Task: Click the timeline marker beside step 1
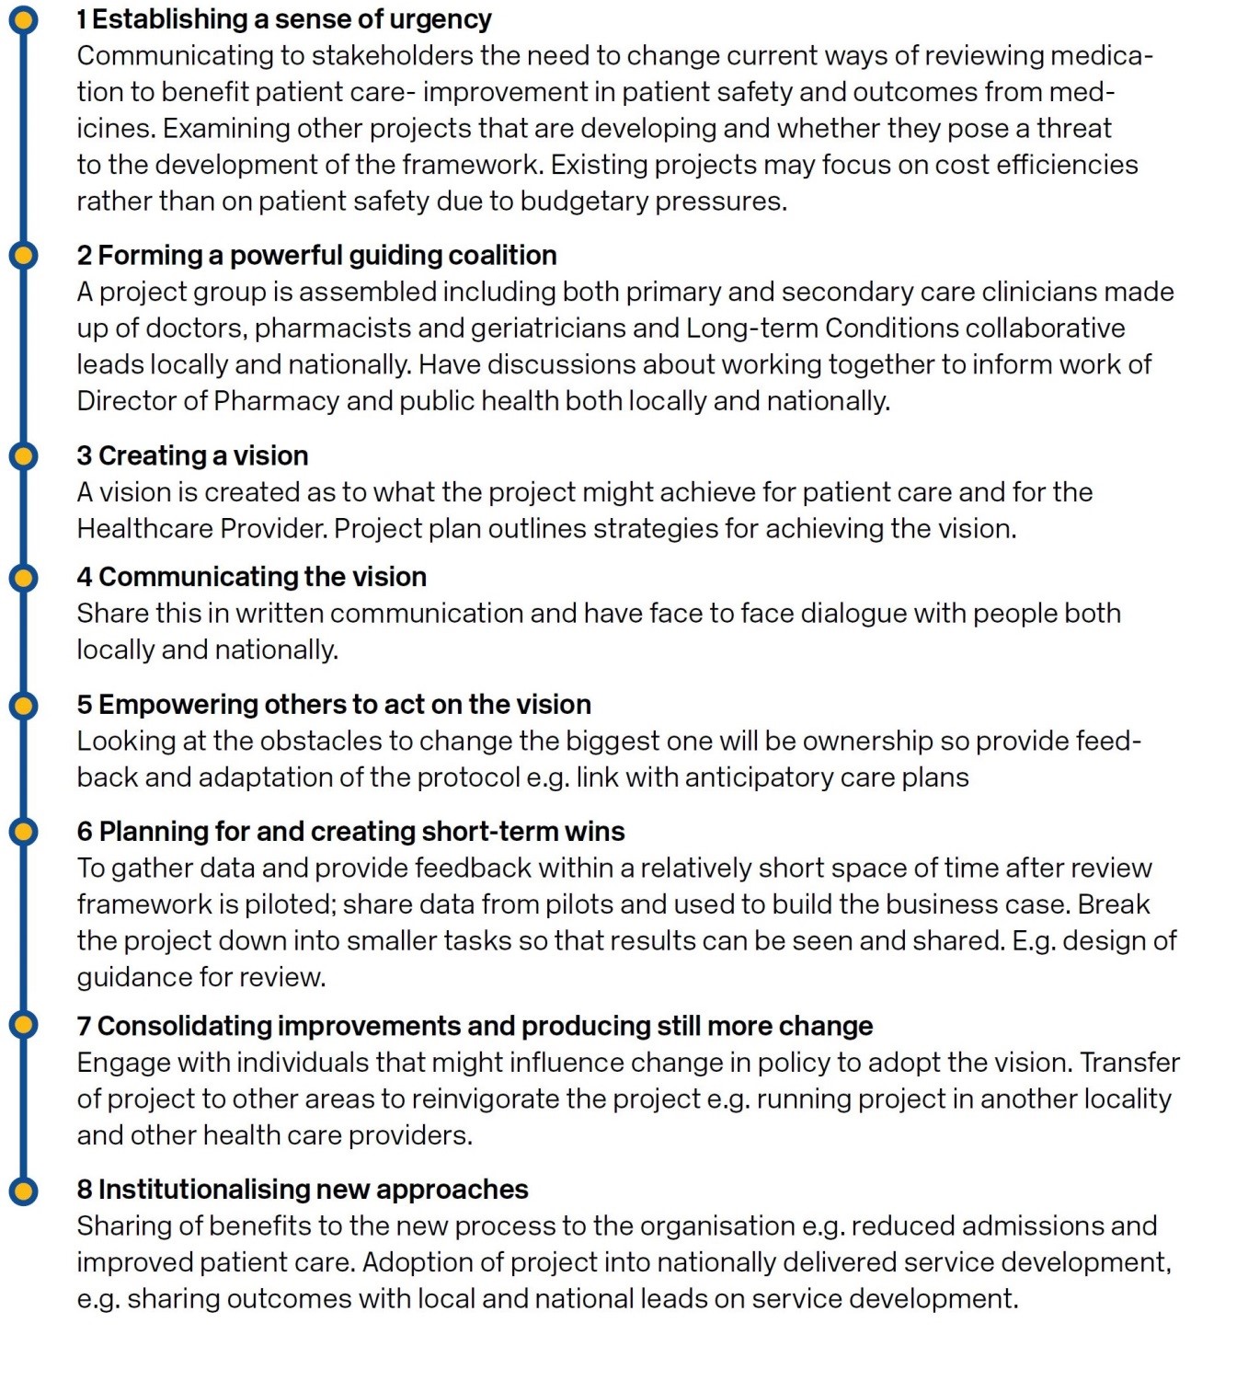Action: pos(23,19)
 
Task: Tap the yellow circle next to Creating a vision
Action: pos(23,455)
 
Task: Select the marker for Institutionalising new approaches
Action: pos(23,1190)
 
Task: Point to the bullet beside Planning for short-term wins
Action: pos(23,832)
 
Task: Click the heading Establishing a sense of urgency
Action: pos(292,19)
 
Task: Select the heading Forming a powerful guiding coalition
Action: pos(326,256)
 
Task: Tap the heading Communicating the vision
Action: pos(262,577)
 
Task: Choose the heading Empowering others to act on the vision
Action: pos(344,705)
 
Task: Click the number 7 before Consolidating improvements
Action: pos(84,1027)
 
